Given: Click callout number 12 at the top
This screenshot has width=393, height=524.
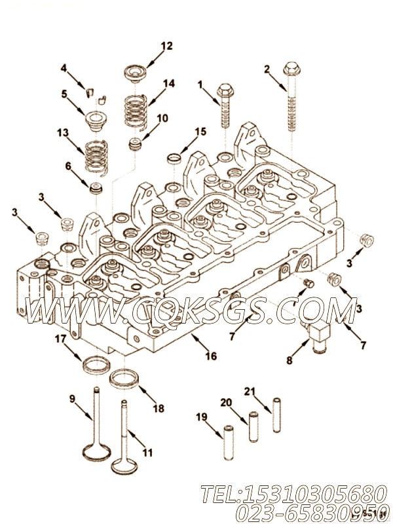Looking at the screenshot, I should click(166, 46).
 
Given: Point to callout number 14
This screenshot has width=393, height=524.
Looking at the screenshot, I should click(169, 83).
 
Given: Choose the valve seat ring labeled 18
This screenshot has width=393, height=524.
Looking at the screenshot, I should click(124, 379).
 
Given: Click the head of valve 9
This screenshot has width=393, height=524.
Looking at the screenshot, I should click(94, 452).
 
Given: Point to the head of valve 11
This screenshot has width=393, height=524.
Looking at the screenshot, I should click(124, 466).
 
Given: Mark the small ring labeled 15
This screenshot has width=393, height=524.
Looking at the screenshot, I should click(175, 158).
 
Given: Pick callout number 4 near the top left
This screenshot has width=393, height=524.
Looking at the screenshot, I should click(64, 67).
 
